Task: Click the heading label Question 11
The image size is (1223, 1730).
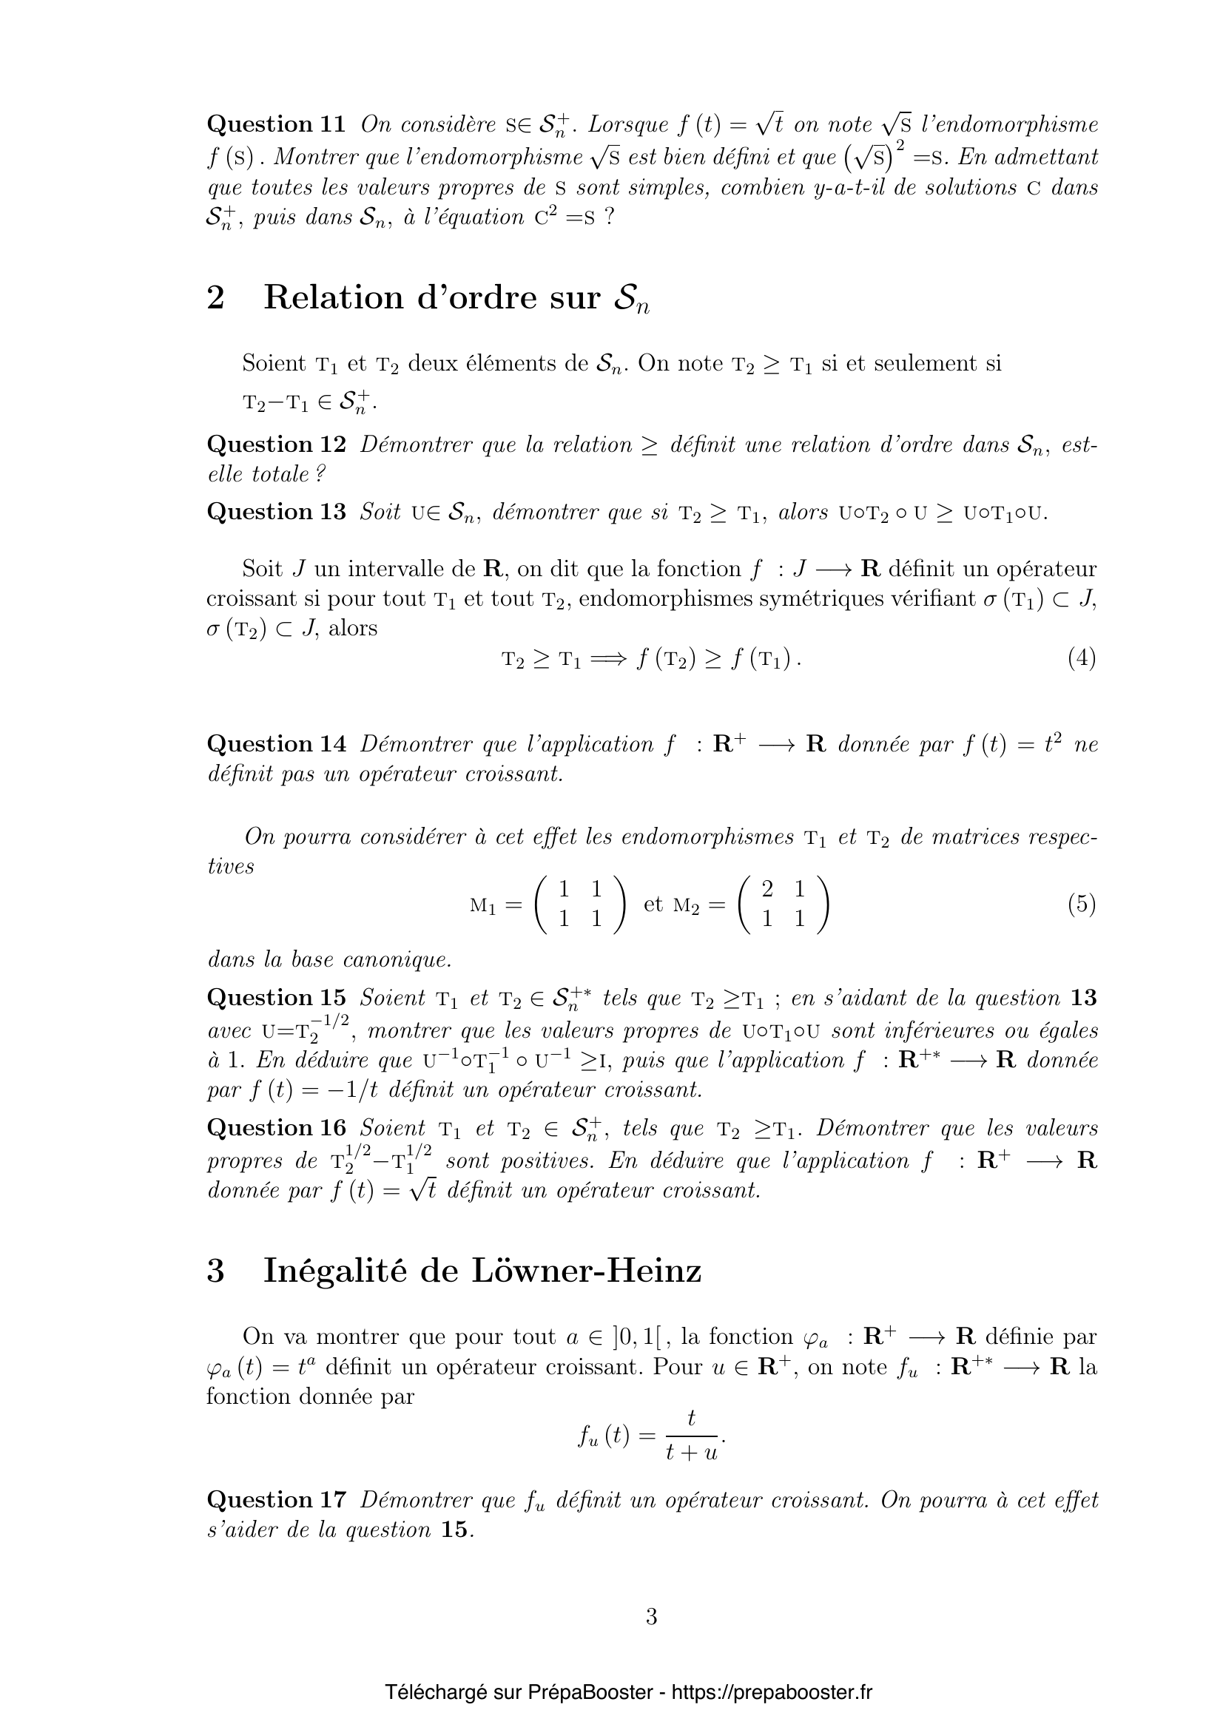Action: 276,124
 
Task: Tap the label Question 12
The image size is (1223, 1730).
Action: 276,445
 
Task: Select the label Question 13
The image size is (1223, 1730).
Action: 276,512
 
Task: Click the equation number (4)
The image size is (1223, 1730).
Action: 1082,658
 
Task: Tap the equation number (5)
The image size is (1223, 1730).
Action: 1082,903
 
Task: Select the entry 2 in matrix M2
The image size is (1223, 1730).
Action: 767,890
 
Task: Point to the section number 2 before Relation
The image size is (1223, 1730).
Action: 215,298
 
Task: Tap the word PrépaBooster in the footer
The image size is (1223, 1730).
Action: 590,1692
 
